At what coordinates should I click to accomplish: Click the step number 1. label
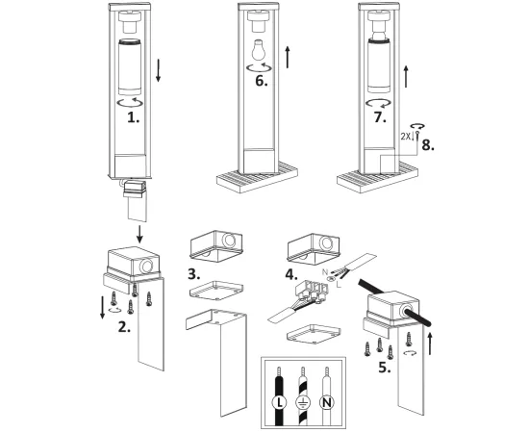coord(134,117)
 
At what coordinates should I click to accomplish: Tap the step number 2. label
coord(124,327)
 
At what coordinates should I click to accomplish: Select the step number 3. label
coord(194,274)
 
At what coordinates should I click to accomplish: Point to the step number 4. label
coord(291,274)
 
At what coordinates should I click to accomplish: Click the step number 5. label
coord(385,368)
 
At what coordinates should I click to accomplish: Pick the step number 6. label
coord(262,81)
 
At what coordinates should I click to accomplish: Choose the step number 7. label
coord(380,117)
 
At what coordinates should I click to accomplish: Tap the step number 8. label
coord(428,145)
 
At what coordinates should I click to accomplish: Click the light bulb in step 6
coord(259,50)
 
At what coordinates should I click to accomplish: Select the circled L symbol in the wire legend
coord(279,402)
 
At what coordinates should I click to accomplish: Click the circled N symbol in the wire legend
coord(326,402)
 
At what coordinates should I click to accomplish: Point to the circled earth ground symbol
coord(303,402)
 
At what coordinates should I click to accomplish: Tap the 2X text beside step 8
coord(406,137)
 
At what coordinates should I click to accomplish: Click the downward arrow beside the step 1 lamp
coord(158,70)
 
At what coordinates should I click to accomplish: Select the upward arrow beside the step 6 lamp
coord(288,57)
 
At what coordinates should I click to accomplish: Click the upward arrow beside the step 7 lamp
coord(406,76)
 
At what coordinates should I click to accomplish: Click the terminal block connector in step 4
coord(312,292)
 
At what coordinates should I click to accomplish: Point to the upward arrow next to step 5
coord(430,344)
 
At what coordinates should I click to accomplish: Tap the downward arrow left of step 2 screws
coord(103,308)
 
